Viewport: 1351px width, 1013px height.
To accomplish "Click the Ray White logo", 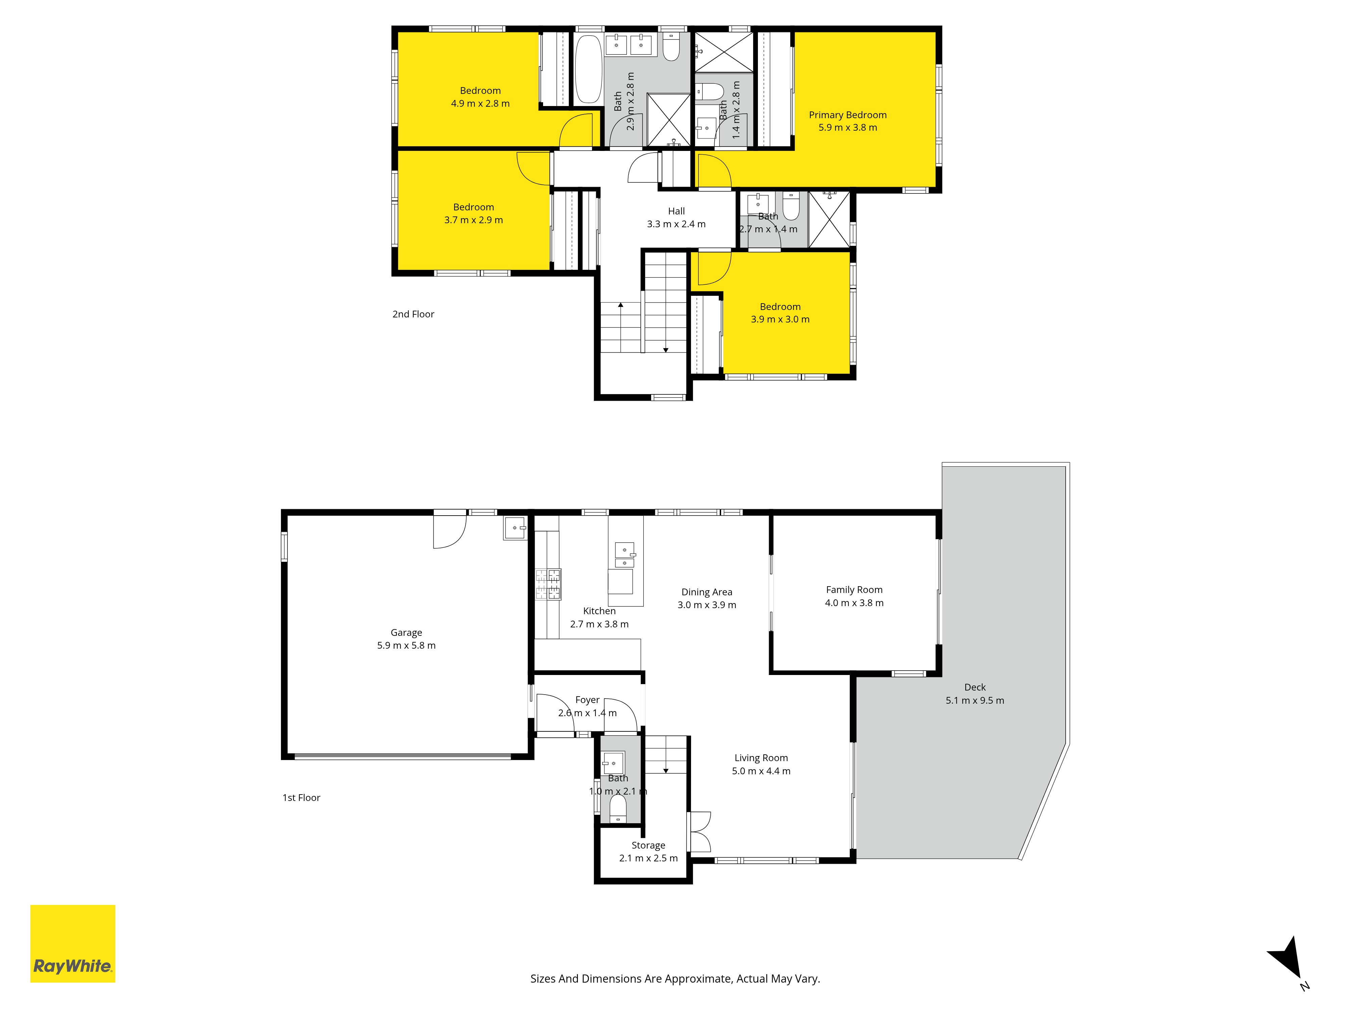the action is pos(73,943).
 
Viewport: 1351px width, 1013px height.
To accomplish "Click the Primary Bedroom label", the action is pos(848,115).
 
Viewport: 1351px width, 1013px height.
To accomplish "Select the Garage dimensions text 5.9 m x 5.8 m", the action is pos(406,645).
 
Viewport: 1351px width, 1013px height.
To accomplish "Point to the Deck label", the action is pos(975,687).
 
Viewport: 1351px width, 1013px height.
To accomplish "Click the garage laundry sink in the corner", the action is pos(515,527).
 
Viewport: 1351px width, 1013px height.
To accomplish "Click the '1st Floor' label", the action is pos(301,798).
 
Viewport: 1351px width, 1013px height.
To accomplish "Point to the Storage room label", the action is pos(648,845).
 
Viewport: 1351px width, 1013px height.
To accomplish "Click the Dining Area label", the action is pos(707,592).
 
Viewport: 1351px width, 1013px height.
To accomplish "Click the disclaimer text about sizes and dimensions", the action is pos(675,979).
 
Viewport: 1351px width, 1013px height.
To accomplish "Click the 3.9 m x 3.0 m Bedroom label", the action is pos(780,307).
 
